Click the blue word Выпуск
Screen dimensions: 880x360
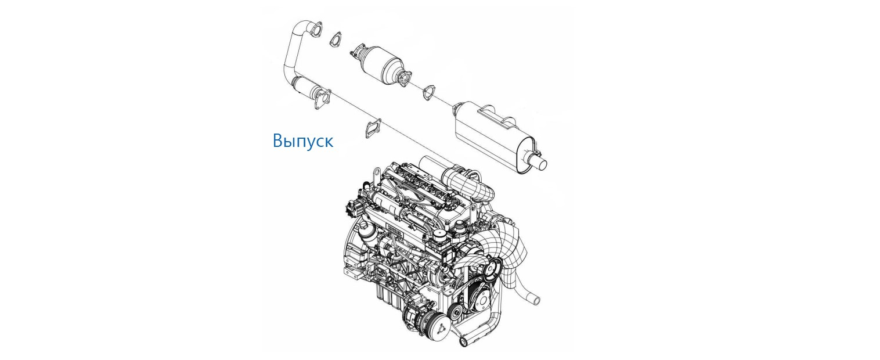(303, 141)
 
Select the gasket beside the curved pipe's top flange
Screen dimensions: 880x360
(335, 40)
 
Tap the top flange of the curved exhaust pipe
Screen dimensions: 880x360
(315, 31)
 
